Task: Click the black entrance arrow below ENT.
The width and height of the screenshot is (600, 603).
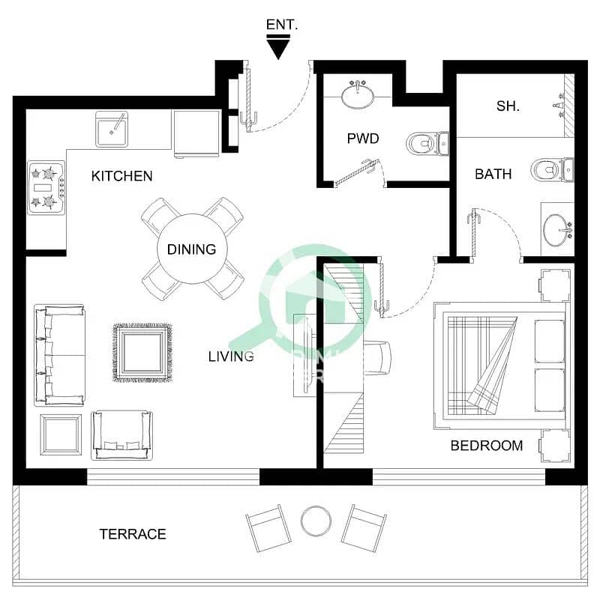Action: [279, 49]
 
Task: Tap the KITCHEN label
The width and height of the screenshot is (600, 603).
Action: [121, 177]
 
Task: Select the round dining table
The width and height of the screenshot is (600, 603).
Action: [191, 249]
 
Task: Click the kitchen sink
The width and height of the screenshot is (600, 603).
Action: [112, 130]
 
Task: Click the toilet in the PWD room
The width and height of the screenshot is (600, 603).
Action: [424, 142]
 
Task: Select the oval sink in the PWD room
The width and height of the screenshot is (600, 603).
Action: [358, 95]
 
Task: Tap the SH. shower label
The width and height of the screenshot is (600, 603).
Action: [508, 106]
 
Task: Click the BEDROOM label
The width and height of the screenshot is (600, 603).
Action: [486, 446]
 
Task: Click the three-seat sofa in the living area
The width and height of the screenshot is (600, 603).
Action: [59, 355]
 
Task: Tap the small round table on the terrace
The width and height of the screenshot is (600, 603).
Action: [316, 521]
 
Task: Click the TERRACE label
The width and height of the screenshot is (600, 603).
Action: [133, 534]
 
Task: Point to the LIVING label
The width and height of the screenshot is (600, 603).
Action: [231, 357]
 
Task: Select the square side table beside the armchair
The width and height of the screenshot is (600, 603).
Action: [61, 434]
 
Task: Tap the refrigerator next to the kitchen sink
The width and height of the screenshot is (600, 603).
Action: [196, 133]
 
